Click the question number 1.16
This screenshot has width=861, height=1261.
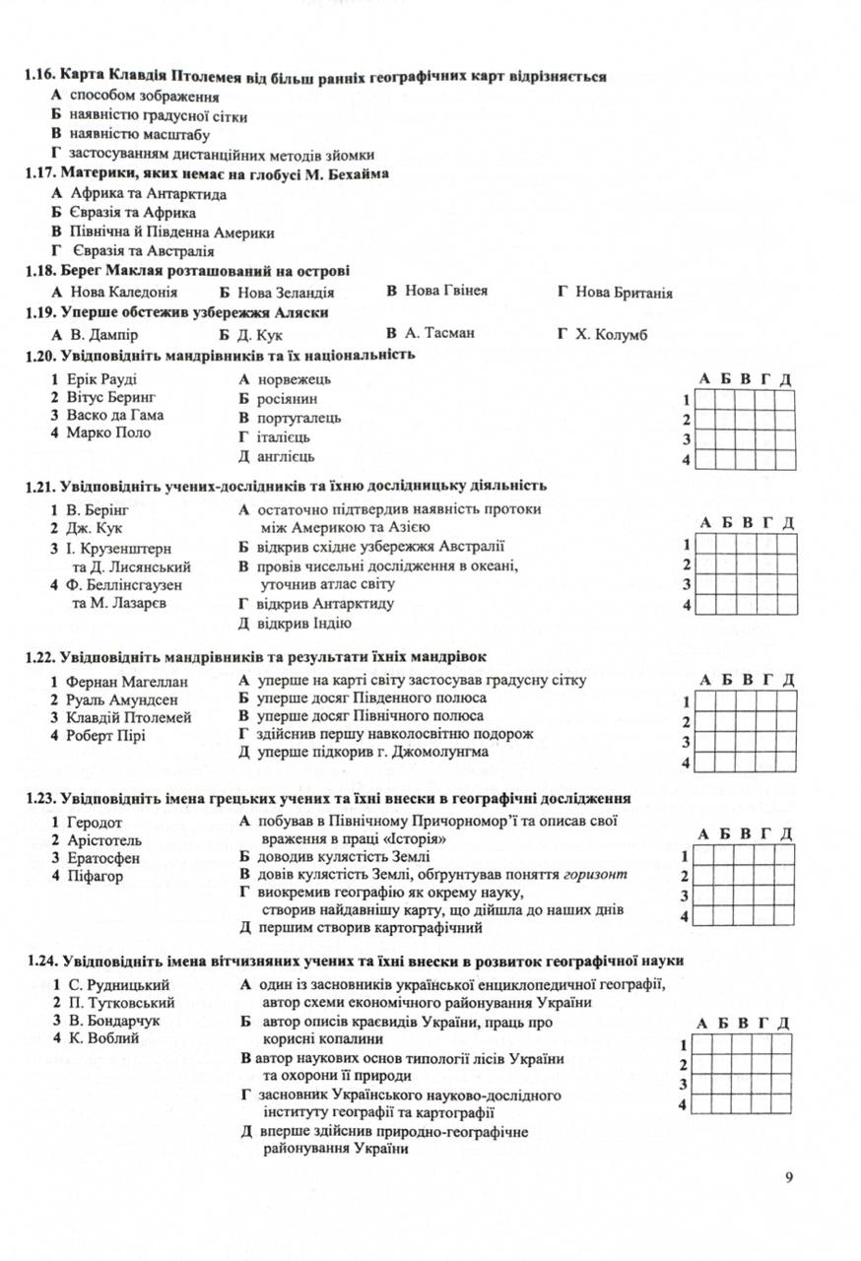(x=41, y=76)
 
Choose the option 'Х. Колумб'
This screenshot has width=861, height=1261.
(x=611, y=333)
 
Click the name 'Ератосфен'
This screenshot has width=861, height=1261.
(x=104, y=858)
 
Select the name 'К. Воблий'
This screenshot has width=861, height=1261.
(x=102, y=1037)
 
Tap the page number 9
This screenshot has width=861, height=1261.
(x=789, y=1177)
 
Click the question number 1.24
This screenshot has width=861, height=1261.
(x=41, y=960)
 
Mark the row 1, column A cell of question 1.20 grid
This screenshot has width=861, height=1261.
(x=705, y=399)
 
